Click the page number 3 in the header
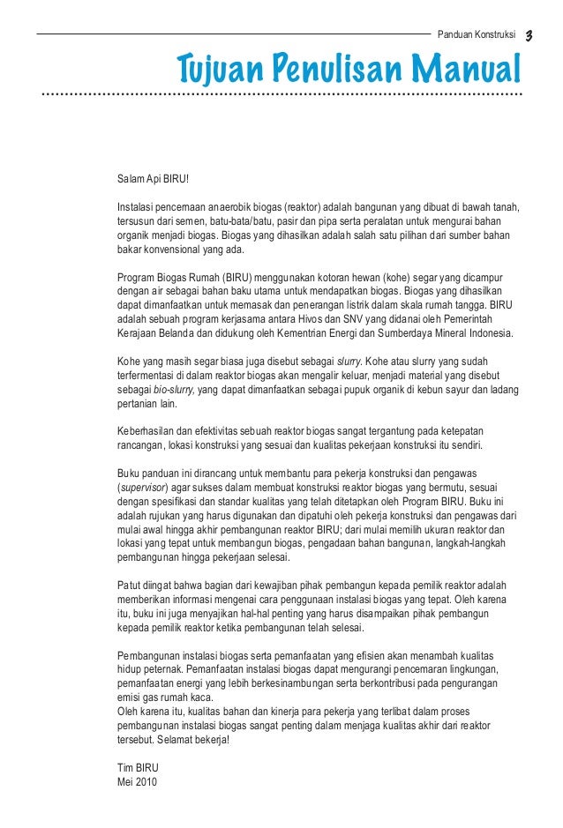pyautogui.click(x=529, y=35)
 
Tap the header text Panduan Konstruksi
pyautogui.click(x=477, y=35)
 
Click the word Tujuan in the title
pyautogui.click(x=219, y=67)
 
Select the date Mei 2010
pyautogui.click(x=138, y=781)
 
